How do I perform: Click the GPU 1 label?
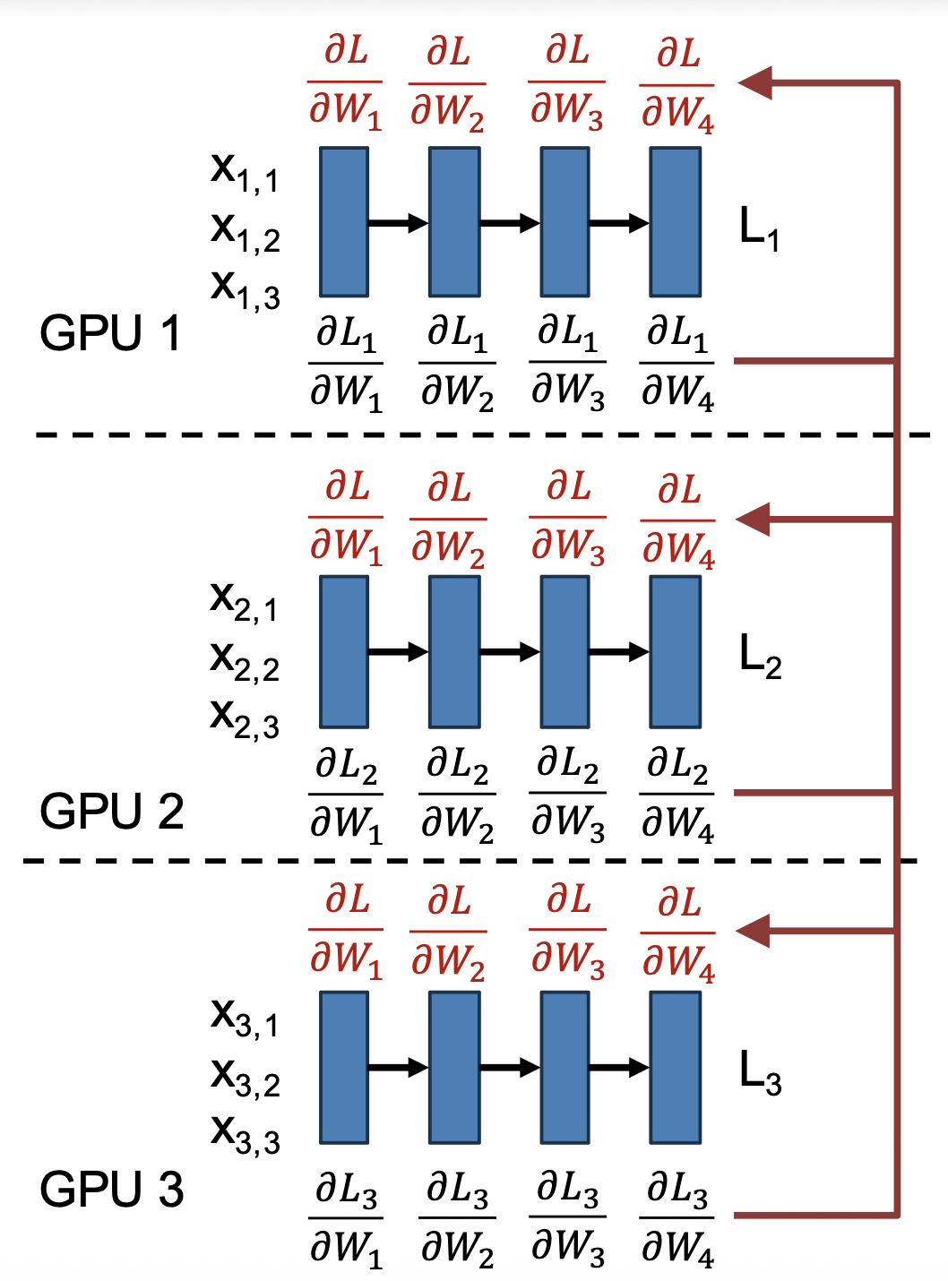coord(110,333)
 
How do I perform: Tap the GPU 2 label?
coord(111,811)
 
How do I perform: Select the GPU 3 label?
coord(111,1190)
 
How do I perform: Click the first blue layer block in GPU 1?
coord(344,222)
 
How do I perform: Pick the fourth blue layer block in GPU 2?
coord(676,651)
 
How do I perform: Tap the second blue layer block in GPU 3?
coord(454,1067)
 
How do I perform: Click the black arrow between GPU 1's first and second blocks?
coord(399,222)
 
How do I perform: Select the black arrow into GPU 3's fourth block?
coord(619,1067)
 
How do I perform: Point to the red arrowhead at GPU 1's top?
coord(755,82)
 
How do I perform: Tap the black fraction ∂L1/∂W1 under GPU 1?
coord(346,363)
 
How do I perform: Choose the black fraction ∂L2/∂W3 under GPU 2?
coord(568,793)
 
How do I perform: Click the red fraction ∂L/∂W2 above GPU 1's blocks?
coord(447,83)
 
